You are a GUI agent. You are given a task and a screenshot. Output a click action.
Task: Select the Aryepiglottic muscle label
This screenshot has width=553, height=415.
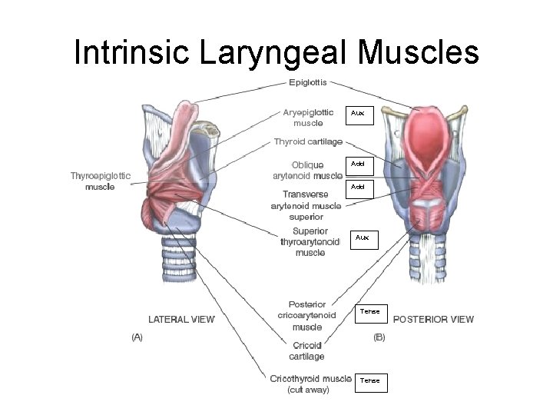coord(308,117)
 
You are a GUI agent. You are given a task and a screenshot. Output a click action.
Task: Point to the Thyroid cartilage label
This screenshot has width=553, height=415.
coord(308,141)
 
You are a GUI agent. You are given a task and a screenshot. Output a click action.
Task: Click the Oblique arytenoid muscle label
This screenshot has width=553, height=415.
coord(307,170)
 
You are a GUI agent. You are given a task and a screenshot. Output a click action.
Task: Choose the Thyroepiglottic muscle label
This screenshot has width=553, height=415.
coord(101,181)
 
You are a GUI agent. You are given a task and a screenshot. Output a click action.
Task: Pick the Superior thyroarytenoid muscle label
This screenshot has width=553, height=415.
coord(310,241)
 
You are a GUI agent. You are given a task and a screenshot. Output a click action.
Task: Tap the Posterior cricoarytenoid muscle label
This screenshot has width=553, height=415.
coord(306,315)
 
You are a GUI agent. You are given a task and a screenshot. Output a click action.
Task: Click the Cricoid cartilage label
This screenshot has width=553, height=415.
coord(306,351)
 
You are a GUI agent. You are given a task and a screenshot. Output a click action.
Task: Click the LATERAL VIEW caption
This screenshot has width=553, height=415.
coord(181,319)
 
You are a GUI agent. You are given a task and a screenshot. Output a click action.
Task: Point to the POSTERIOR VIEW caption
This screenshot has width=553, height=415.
coord(433,319)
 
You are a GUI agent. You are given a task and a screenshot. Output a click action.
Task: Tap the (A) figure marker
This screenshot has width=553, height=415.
coord(137,337)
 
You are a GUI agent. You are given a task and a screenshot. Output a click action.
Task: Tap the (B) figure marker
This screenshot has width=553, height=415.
coord(379,337)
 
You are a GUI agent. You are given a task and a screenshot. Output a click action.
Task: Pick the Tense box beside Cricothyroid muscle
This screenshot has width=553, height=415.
coord(371,380)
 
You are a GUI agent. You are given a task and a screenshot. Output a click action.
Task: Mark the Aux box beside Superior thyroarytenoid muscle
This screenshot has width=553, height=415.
coord(364,238)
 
